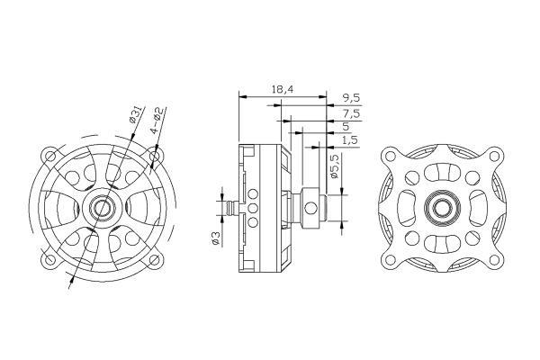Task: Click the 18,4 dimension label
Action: coord(282,90)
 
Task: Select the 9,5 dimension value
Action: coord(351,98)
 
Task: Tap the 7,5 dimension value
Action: coord(351,113)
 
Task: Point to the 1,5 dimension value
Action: coord(350,139)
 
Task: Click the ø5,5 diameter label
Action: coord(334,166)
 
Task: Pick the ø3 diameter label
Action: coord(216,238)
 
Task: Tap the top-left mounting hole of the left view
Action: coord(50,156)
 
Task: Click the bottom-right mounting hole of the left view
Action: coord(156,260)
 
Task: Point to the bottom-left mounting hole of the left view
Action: coord(50,259)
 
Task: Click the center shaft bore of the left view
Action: coord(102,207)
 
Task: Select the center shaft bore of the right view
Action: coord(442,207)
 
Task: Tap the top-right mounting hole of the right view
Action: coord(494,156)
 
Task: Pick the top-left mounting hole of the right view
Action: coord(390,156)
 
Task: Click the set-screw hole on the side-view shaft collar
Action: coord(310,208)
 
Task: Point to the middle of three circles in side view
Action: coord(253,208)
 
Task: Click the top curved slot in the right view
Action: coord(442,173)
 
